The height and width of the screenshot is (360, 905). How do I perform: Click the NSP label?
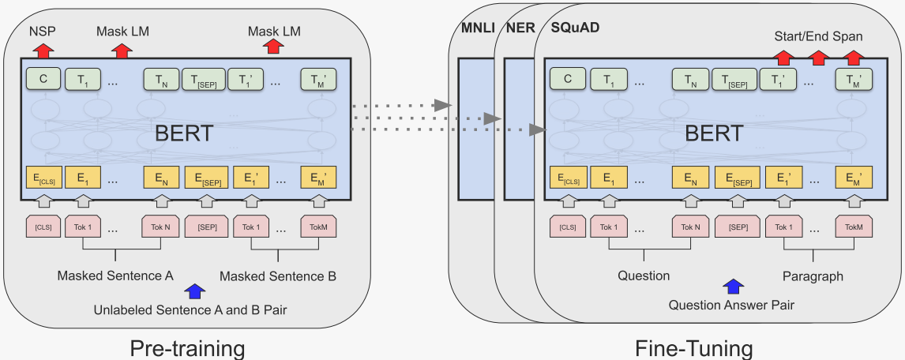[x=42, y=32]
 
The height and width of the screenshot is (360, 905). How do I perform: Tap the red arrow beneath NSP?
[x=43, y=50]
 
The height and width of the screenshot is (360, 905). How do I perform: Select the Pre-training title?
[x=187, y=347]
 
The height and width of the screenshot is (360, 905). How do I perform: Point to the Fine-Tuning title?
[x=693, y=348]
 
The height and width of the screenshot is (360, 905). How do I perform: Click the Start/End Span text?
[x=819, y=36]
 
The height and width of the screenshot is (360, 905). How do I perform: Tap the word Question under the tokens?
[x=643, y=276]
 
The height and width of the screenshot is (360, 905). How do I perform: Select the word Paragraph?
[x=813, y=276]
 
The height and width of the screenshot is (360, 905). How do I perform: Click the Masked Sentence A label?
[x=115, y=276]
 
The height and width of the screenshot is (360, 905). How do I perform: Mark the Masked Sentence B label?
[x=278, y=276]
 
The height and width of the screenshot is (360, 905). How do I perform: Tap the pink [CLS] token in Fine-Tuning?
[x=567, y=227]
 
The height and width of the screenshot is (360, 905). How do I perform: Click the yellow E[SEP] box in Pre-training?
[x=206, y=178]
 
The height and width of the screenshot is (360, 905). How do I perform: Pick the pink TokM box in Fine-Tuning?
[x=854, y=227]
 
